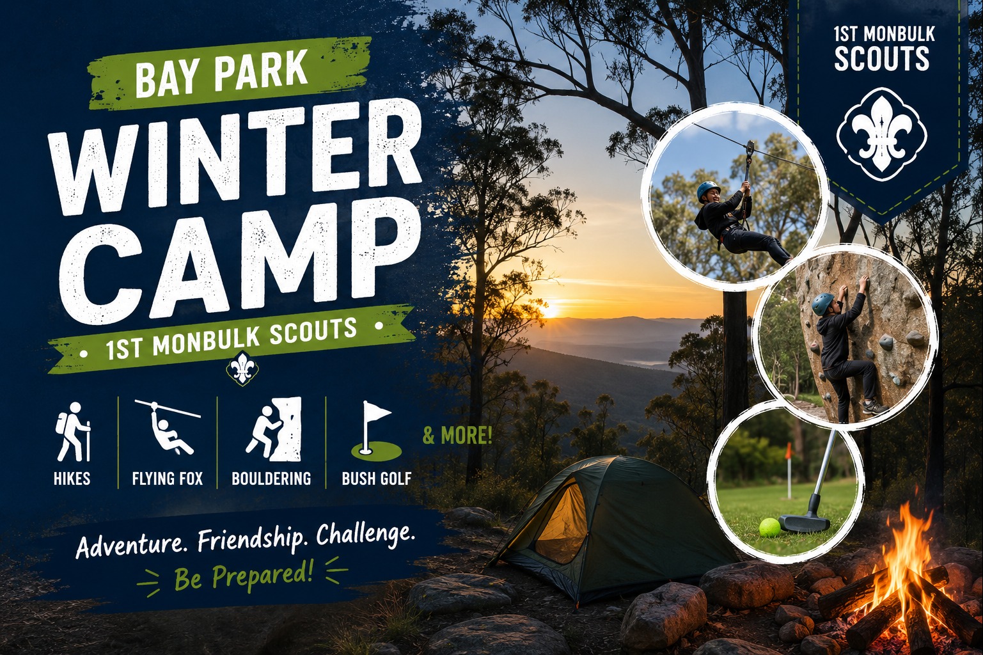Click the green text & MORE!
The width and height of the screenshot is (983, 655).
tap(457, 436)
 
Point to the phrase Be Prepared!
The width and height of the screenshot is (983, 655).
tap(244, 576)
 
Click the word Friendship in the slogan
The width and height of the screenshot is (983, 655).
tap(251, 541)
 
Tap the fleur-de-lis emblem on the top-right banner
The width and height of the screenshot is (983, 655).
tap(881, 134)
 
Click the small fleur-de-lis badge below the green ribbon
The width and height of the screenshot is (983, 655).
tap(242, 369)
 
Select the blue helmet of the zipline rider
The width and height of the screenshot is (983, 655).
tap(707, 190)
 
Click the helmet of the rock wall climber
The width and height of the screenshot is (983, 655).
tap(822, 303)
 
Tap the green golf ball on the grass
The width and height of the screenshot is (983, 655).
tap(770, 528)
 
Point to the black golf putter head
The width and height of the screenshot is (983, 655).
tap(805, 523)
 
